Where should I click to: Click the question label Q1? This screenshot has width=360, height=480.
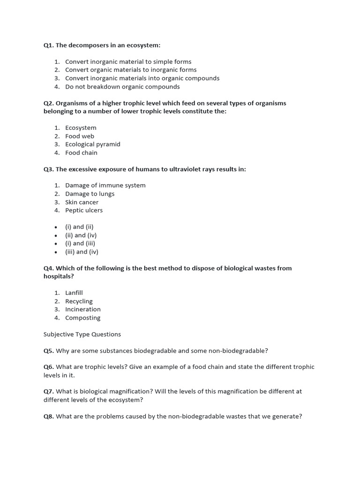[x=49, y=45]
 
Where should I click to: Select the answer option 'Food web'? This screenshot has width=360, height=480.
[x=80, y=136]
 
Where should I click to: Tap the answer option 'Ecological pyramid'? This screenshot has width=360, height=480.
[x=92, y=144]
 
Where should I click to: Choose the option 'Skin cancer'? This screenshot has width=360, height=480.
[x=82, y=202]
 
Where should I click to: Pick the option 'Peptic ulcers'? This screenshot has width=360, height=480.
[x=83, y=210]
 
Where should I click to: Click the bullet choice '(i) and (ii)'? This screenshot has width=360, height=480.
[x=79, y=227]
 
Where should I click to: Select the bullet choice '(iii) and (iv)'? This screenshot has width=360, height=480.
[x=82, y=252]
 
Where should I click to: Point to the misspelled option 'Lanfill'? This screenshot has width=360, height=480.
[x=74, y=293]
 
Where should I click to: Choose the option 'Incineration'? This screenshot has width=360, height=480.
[x=82, y=309]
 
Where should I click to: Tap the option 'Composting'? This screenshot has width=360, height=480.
[x=82, y=318]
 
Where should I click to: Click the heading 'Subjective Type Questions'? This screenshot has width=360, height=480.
[x=82, y=334]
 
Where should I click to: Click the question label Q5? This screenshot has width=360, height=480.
[x=49, y=351]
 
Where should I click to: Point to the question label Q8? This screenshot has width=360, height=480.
[x=49, y=416]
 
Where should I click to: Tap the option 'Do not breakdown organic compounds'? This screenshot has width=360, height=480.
[x=122, y=87]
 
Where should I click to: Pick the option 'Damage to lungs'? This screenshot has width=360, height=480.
[x=90, y=194]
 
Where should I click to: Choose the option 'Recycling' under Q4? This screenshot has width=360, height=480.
[x=79, y=301]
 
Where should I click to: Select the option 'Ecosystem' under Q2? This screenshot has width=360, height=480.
[x=81, y=128]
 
